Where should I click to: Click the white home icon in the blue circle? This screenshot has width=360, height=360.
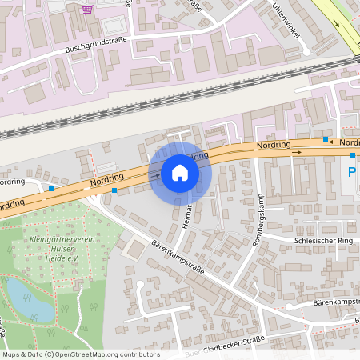pyautogui.click(x=180, y=173)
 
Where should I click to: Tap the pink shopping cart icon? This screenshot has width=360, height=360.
pyautogui.click(x=86, y=9)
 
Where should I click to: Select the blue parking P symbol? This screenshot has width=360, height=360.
pyautogui.click(x=350, y=172)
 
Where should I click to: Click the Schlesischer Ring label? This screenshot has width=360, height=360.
pyautogui.click(x=322, y=239)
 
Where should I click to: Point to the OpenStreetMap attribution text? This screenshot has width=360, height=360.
pyautogui.click(x=81, y=354)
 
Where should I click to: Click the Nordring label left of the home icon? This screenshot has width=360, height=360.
pyautogui.click(x=109, y=182)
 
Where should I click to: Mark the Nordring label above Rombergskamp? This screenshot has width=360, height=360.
pyautogui.click(x=273, y=146)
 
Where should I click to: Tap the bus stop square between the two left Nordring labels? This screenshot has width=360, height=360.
pyautogui.click(x=51, y=189)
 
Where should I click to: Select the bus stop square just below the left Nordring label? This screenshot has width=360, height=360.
pyautogui.click(x=114, y=190)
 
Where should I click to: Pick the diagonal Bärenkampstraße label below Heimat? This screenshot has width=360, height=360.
pyautogui.click(x=176, y=255)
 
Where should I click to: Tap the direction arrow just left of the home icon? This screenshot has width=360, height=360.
pyautogui.click(x=155, y=174)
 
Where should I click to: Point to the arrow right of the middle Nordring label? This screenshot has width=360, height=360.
pyautogui.click(x=297, y=150)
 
